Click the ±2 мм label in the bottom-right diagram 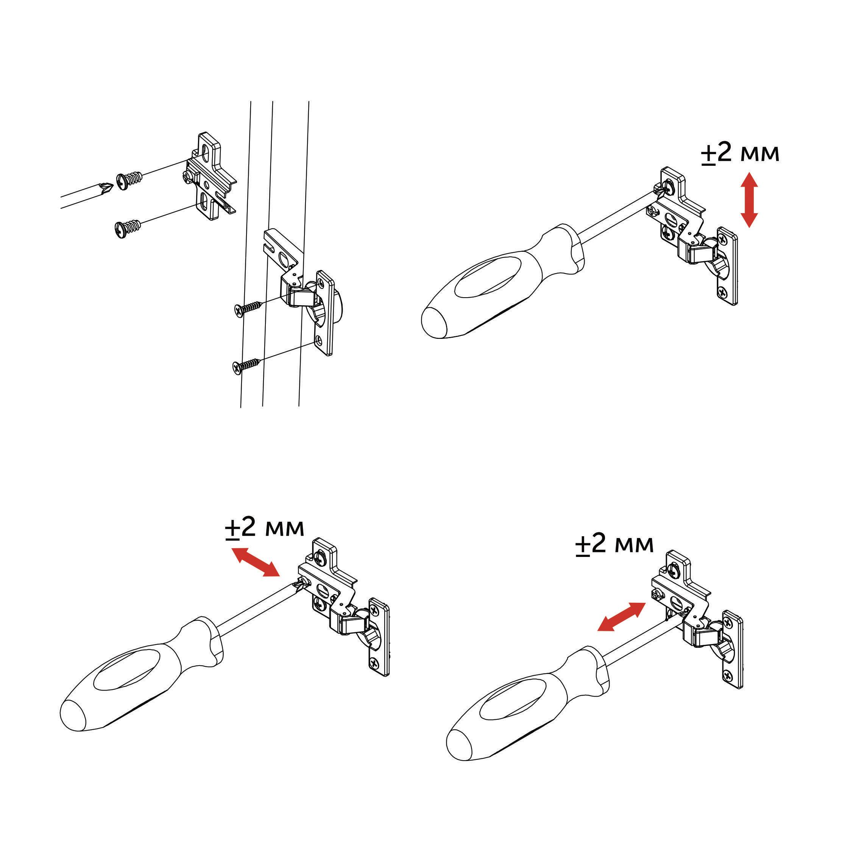point(614,545)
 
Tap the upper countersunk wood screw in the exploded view point(248,308)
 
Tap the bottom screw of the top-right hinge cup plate point(723,291)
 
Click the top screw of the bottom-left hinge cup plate point(375,610)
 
